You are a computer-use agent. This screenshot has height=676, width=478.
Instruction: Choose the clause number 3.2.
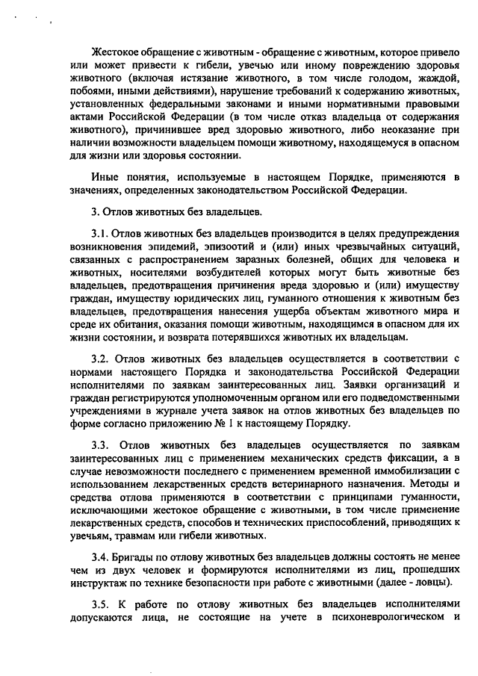pyautogui.click(x=101, y=358)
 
